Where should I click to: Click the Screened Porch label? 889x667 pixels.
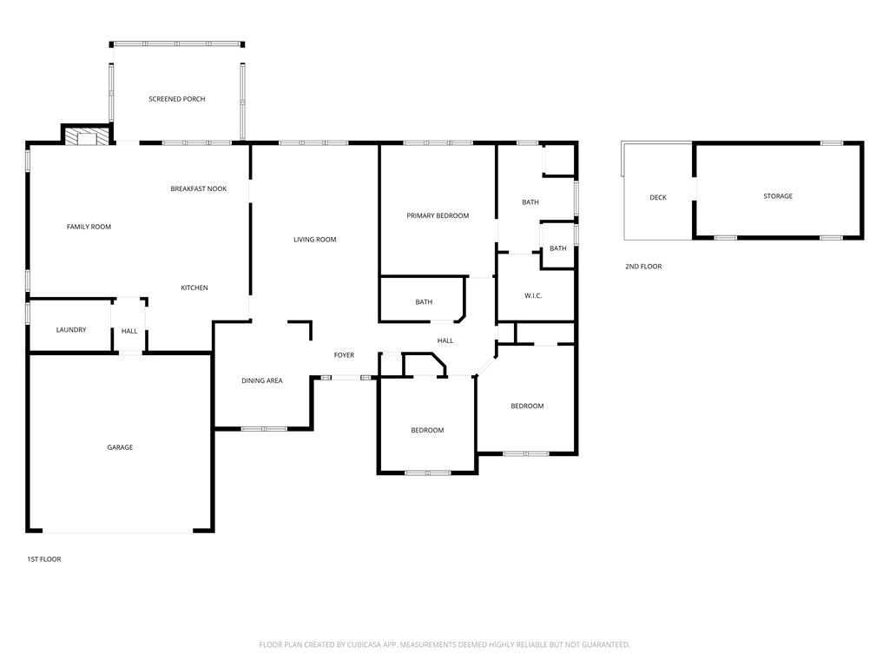coord(176,99)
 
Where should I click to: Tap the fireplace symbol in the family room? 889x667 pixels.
coord(87,137)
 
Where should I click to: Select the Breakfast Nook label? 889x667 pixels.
coord(198,188)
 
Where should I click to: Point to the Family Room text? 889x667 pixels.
coord(89,227)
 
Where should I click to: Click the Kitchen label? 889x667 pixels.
coord(194,287)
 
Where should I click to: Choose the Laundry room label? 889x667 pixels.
coord(70,330)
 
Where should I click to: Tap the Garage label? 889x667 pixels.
coord(120,447)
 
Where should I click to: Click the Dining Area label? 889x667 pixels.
coord(261,380)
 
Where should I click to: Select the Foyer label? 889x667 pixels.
coord(344,355)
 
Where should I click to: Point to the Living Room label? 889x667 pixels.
coord(314,240)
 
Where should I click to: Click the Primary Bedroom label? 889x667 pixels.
coord(438,215)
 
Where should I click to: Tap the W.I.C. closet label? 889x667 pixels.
coord(533,296)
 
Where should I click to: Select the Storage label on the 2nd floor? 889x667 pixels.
coord(777,196)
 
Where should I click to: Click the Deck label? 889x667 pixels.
coord(658,198)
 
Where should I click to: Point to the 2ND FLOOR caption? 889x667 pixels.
coord(643,267)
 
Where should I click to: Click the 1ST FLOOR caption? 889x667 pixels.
coord(44,559)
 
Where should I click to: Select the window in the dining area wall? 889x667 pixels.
coord(264,428)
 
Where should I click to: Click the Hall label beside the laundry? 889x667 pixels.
coord(129,331)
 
